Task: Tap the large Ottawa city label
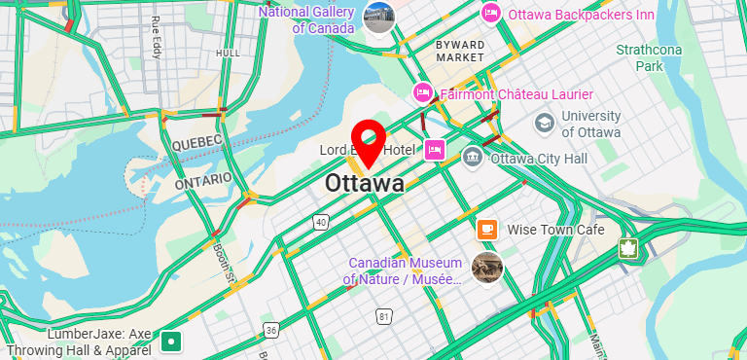click(365, 183)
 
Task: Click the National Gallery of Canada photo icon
click(379, 18)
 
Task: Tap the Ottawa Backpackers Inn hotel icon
click(491, 14)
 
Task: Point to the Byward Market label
click(460, 52)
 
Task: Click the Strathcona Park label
click(649, 58)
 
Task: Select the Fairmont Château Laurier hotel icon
click(423, 93)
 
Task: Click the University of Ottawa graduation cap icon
click(545, 124)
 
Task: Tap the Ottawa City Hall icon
click(473, 156)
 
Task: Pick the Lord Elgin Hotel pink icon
click(435, 150)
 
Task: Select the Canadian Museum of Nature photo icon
click(487, 267)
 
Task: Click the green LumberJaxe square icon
click(172, 341)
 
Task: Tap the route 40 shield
click(320, 223)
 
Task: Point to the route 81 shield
click(385, 316)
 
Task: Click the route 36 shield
click(271, 331)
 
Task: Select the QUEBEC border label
click(197, 142)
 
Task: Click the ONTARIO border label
click(203, 181)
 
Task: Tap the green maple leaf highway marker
click(628, 248)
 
